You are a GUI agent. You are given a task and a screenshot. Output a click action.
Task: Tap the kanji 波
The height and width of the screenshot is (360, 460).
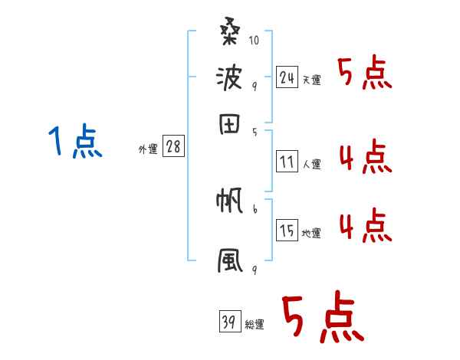point(229,79)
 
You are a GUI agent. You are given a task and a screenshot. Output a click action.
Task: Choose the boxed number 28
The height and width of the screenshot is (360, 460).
point(173,148)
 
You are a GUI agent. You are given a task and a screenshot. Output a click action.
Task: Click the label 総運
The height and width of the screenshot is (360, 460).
point(254,324)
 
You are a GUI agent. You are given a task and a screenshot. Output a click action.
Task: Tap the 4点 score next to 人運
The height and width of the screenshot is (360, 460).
point(364,158)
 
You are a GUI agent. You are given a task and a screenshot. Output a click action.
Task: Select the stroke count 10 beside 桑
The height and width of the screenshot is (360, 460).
point(254,38)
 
